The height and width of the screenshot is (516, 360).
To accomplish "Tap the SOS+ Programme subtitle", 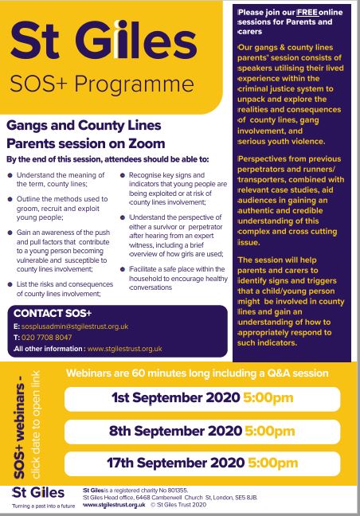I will [101, 84].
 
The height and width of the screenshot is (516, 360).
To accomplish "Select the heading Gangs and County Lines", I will [84, 126].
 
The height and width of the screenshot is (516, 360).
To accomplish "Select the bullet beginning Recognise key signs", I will [177, 186].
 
